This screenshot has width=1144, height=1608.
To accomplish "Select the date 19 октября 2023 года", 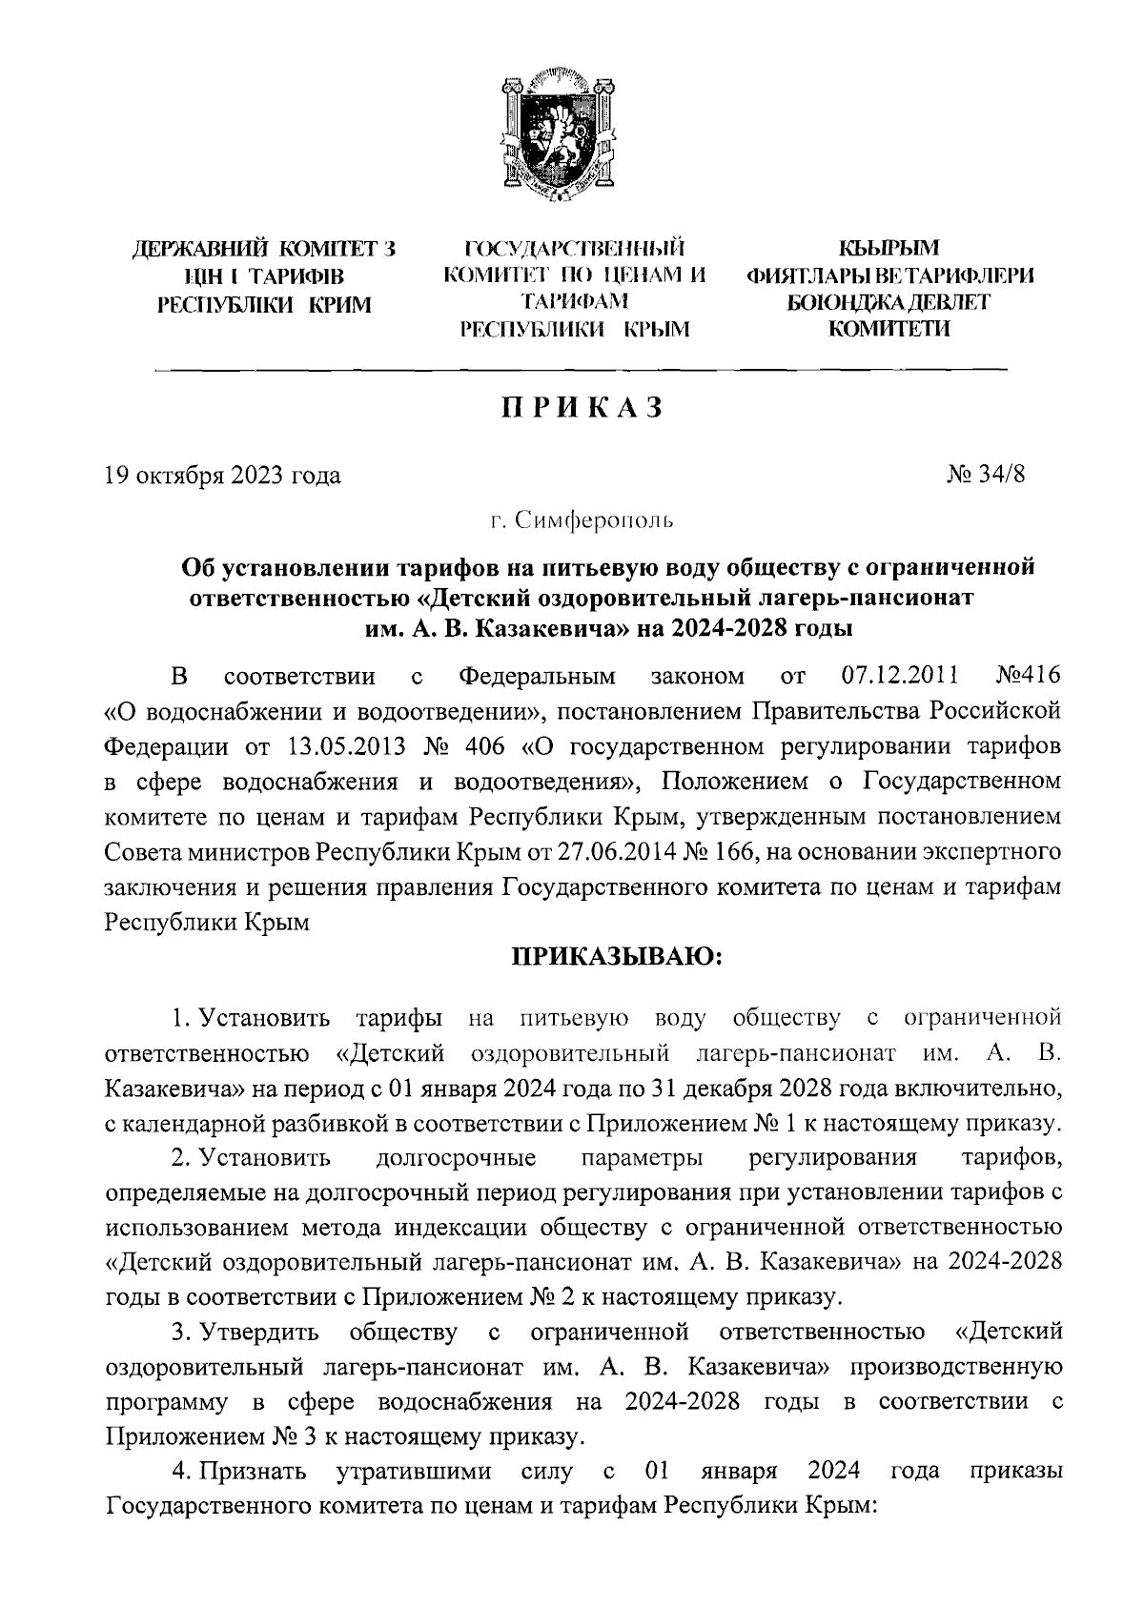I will (x=222, y=474).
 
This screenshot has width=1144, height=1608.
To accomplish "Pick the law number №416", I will (x=1027, y=677).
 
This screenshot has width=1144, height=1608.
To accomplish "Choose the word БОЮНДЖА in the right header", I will (x=837, y=303).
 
